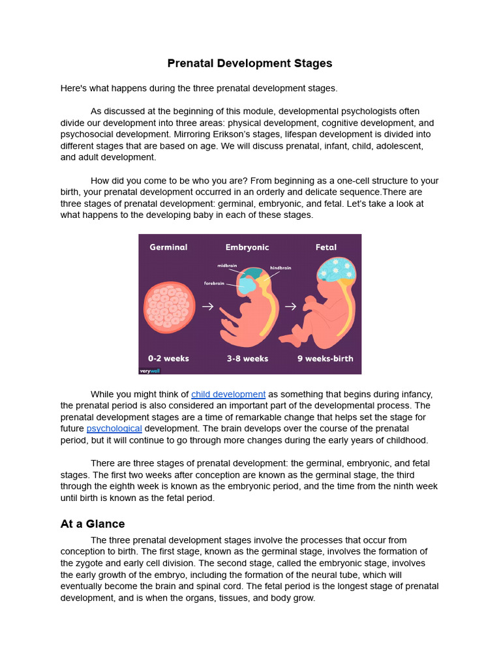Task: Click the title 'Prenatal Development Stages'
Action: pyautogui.click(x=250, y=63)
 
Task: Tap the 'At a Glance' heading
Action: pyautogui.click(x=93, y=524)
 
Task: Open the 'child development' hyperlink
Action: pyautogui.click(x=228, y=394)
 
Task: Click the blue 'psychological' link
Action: pyautogui.click(x=114, y=429)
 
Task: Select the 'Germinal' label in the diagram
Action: pyautogui.click(x=168, y=247)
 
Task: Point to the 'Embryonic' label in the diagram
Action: pyautogui.click(x=247, y=247)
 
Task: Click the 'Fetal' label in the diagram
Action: pyautogui.click(x=326, y=247)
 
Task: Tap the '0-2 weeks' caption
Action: pyautogui.click(x=168, y=358)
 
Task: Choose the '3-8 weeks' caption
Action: pyautogui.click(x=247, y=358)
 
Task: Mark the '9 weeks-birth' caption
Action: pyautogui.click(x=325, y=358)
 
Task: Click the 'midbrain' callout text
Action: pyautogui.click(x=228, y=266)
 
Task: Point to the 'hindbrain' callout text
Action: pyautogui.click(x=281, y=267)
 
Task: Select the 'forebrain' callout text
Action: pyautogui.click(x=215, y=283)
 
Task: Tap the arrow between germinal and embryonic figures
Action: pyautogui.click(x=207, y=306)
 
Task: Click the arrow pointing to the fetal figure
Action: pyautogui.click(x=290, y=306)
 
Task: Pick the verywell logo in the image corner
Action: pyautogui.click(x=149, y=371)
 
